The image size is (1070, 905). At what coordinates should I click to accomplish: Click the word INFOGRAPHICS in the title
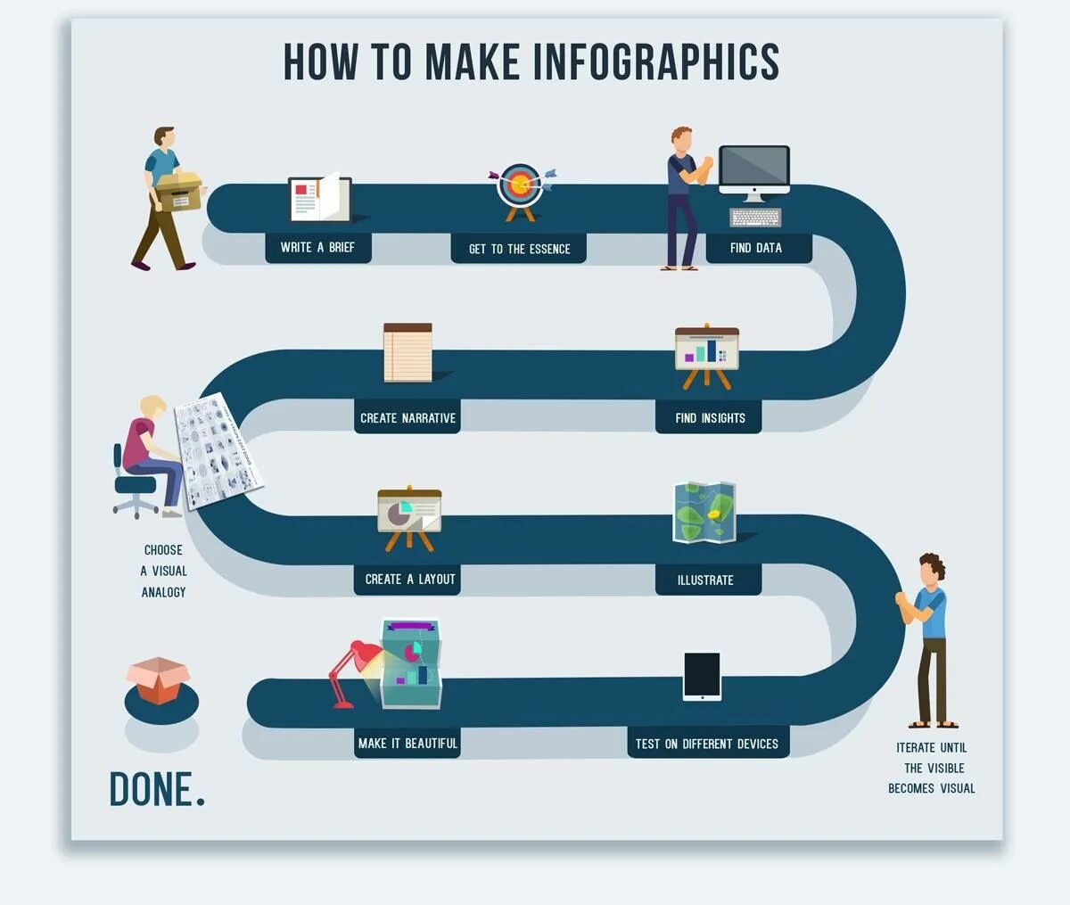[x=656, y=62]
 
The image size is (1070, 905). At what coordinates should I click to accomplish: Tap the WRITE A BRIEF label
[x=317, y=247]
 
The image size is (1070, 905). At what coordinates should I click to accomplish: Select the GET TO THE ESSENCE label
[x=519, y=249]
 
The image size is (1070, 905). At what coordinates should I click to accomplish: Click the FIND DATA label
[x=756, y=248]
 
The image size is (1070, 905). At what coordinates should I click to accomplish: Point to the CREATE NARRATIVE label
[x=407, y=417]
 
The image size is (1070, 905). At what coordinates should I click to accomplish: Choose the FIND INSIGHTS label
[x=710, y=417]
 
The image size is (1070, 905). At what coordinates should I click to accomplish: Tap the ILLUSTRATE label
[x=705, y=580]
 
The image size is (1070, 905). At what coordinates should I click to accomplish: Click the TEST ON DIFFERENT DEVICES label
[x=707, y=744]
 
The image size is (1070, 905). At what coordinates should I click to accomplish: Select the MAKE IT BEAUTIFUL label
[x=407, y=743]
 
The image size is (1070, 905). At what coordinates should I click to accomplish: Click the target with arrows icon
[x=520, y=185]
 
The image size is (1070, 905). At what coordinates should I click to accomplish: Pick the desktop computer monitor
[x=754, y=169]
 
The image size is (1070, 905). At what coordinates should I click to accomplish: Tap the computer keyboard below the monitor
[x=756, y=218]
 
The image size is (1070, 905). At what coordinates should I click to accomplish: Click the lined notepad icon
[x=407, y=353]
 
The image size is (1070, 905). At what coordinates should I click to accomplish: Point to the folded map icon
[x=704, y=512]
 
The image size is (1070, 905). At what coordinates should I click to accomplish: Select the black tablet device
[x=702, y=676]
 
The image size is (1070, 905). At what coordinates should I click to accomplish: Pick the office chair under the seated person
[x=134, y=486]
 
